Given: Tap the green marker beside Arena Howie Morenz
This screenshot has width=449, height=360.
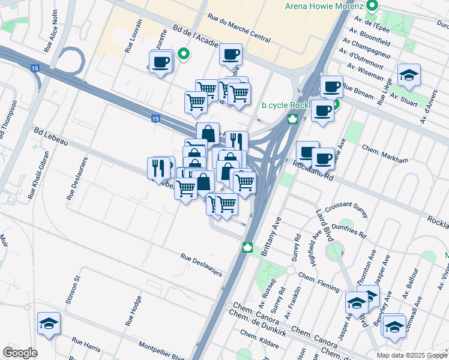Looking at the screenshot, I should [372, 7].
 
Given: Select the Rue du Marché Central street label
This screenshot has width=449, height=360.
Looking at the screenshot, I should [238, 29].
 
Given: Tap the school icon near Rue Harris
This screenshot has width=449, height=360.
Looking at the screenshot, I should [49, 323].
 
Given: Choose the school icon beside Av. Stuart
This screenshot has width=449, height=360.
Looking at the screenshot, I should [409, 75].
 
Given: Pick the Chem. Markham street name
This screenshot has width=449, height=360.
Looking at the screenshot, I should [385, 154].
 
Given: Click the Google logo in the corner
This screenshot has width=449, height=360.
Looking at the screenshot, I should [20, 353].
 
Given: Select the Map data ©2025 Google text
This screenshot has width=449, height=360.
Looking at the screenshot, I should [412, 355].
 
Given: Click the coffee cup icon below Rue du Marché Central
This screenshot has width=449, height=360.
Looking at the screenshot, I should [231, 55].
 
